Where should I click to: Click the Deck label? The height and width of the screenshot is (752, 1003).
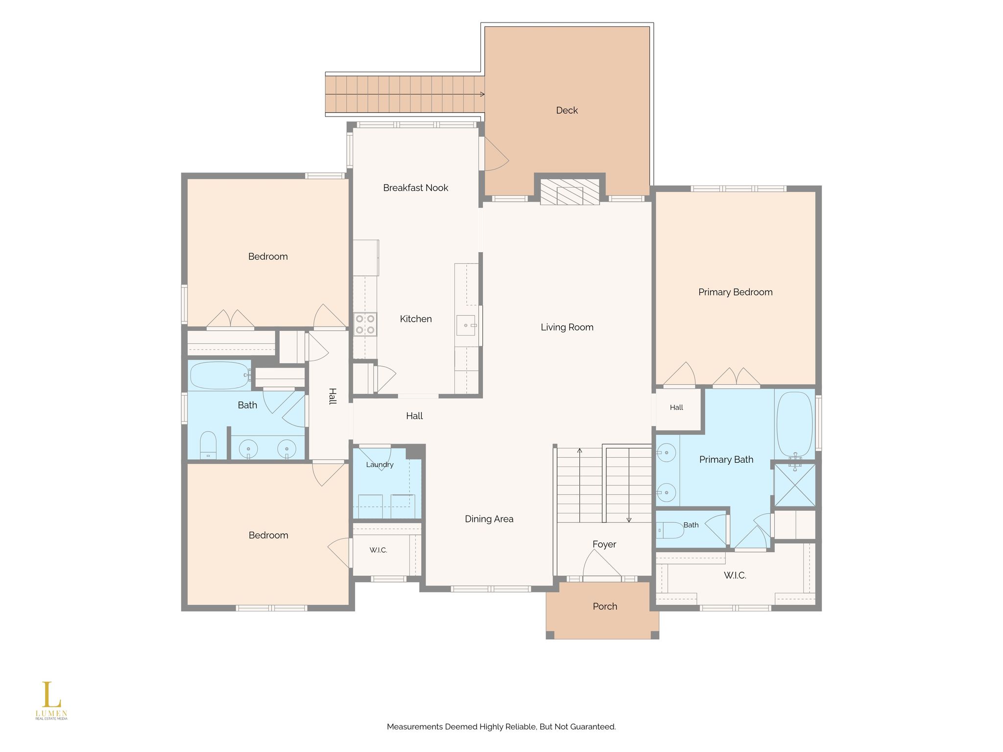coord(567,111)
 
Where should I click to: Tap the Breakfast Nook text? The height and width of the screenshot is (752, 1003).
coord(415,188)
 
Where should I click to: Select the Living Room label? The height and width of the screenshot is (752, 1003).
coord(567,328)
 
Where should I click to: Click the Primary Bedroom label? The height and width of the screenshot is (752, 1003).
coord(735,292)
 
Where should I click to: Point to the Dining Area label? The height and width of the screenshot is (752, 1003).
coord(489,519)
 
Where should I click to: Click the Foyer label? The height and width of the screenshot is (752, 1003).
coord(604,544)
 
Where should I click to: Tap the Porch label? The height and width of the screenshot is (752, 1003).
coord(605,607)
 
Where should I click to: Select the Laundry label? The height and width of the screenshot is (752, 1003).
coord(380,465)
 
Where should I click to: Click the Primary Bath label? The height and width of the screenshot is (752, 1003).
coord(726,460)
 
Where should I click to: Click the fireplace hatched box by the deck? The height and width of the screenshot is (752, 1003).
coord(570,191)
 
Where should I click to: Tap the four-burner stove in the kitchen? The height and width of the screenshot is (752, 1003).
coord(365,324)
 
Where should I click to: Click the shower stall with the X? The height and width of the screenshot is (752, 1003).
coord(795,485)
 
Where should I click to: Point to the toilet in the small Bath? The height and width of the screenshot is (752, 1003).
coord(670,530)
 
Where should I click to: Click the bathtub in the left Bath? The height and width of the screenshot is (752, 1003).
coord(220,376)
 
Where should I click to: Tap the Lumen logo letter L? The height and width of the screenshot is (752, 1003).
coord(48,695)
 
